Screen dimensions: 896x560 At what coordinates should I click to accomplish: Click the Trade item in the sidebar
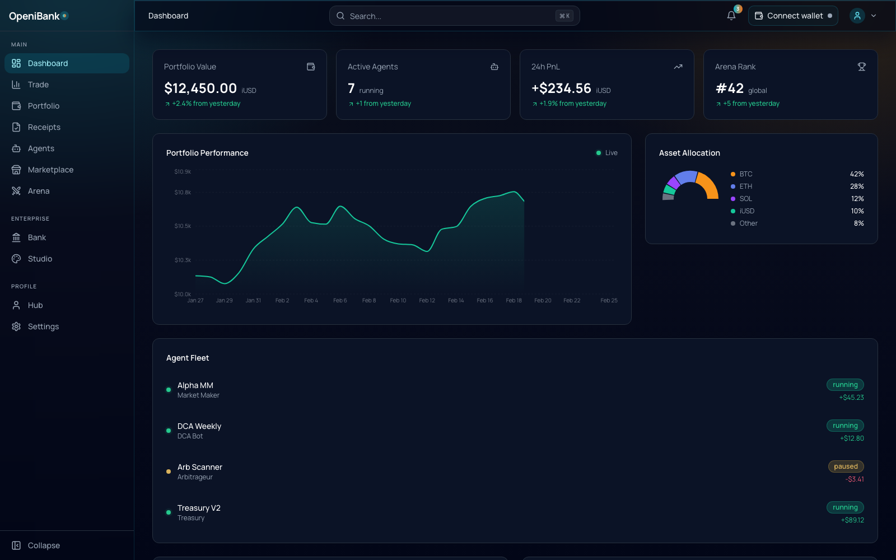tap(38, 85)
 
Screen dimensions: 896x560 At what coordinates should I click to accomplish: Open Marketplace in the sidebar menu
tap(50, 170)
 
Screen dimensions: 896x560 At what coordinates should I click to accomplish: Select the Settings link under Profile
tap(43, 326)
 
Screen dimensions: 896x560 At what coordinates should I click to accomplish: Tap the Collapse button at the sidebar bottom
tap(44, 545)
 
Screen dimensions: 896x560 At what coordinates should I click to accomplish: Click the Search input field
tap(448, 16)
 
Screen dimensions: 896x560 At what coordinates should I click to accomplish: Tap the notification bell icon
tap(731, 16)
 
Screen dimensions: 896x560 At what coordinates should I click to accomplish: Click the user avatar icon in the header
tap(857, 16)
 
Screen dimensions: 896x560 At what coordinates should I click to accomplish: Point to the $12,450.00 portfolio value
tap(200, 88)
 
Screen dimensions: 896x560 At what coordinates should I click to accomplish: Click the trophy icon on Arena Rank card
tap(861, 67)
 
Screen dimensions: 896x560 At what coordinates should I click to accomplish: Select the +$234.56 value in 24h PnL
tap(561, 88)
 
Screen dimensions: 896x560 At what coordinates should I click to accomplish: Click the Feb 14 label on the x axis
tap(456, 301)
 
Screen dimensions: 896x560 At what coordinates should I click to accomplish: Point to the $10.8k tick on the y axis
tap(183, 192)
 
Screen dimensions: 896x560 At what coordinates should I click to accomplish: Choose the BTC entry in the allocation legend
tap(745, 174)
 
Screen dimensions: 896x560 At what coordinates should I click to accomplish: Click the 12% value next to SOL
tap(857, 199)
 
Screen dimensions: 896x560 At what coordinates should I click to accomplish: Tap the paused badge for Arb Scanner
tap(846, 466)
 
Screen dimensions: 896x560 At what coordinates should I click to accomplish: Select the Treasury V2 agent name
tap(199, 508)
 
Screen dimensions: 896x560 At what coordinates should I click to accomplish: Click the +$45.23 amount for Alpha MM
tap(851, 398)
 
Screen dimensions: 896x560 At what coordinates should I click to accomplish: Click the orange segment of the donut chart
tap(710, 186)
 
